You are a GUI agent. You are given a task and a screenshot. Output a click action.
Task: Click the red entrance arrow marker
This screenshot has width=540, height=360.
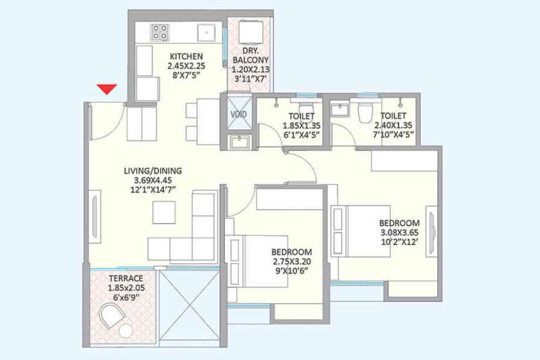click(107, 89)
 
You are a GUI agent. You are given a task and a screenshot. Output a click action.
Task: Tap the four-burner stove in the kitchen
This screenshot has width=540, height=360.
click(160, 32)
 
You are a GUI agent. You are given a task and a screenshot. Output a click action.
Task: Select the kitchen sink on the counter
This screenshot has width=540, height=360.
click(206, 33)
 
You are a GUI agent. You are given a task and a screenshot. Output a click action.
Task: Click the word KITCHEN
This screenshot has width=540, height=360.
click(186, 56)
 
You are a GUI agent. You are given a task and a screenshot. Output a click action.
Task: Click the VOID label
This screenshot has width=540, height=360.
click(238, 114)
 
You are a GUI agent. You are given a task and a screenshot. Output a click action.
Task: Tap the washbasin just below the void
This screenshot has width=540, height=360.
click(240, 142)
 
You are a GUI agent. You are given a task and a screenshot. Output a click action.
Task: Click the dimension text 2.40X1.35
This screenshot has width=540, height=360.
click(393, 125)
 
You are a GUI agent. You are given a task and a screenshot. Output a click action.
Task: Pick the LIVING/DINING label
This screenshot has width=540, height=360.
click(153, 170)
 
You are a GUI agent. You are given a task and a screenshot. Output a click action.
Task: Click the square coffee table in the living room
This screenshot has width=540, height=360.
click(164, 213)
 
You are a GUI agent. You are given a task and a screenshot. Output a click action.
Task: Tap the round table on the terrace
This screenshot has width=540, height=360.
click(126, 331)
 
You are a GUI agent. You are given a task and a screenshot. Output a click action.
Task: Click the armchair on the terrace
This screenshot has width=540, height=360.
click(112, 315)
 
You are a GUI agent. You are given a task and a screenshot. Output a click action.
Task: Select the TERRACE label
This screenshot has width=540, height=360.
click(126, 278)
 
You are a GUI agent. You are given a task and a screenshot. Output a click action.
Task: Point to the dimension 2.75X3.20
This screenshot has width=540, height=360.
click(292, 261)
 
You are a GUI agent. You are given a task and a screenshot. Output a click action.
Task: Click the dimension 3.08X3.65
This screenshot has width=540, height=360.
click(400, 232)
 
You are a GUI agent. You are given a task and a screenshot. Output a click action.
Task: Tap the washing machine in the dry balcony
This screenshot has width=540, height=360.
click(251, 32)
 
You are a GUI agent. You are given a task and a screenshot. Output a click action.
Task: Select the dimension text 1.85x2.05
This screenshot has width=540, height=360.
click(126, 288)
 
